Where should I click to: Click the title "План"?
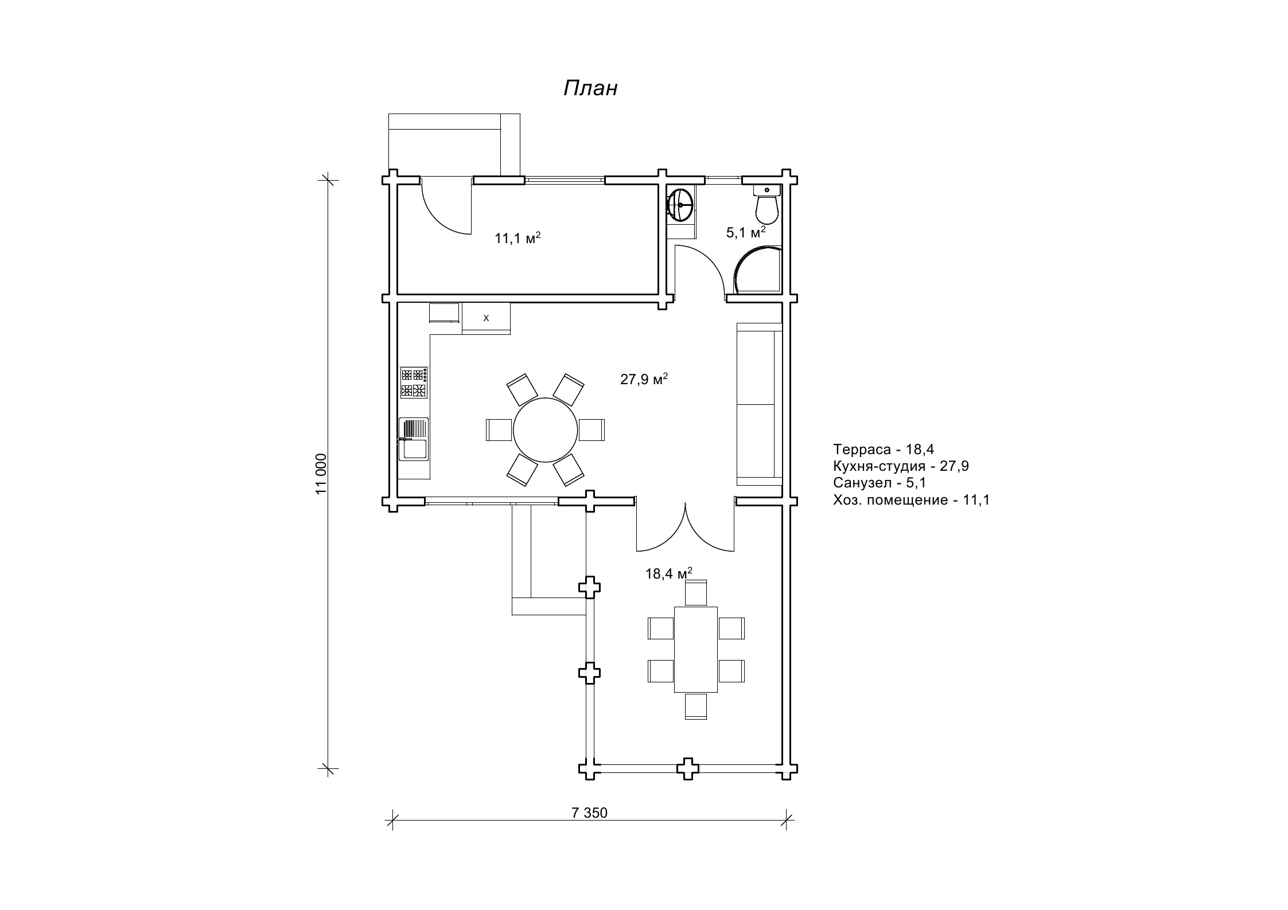pos(590,88)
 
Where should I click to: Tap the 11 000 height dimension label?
pos(321,474)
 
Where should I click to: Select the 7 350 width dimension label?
pos(589,813)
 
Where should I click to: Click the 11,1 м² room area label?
pos(518,238)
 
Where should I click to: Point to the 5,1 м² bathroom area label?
pos(746,232)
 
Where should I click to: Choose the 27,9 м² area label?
pos(644,379)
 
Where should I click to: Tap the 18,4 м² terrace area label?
pos(669,573)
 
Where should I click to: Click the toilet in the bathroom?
pos(766,205)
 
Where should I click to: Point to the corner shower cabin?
pos(757,270)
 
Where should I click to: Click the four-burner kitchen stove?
pos(414,382)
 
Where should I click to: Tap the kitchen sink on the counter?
pos(414,439)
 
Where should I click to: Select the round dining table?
pos(545,430)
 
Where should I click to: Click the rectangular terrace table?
pos(696,650)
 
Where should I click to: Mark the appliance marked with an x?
pos(486,317)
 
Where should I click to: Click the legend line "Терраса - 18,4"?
pos(884,449)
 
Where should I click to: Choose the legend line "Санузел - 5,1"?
pos(880,483)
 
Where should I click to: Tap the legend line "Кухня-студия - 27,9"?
pos(901,466)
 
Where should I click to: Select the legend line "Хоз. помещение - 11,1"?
pos(912,500)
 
